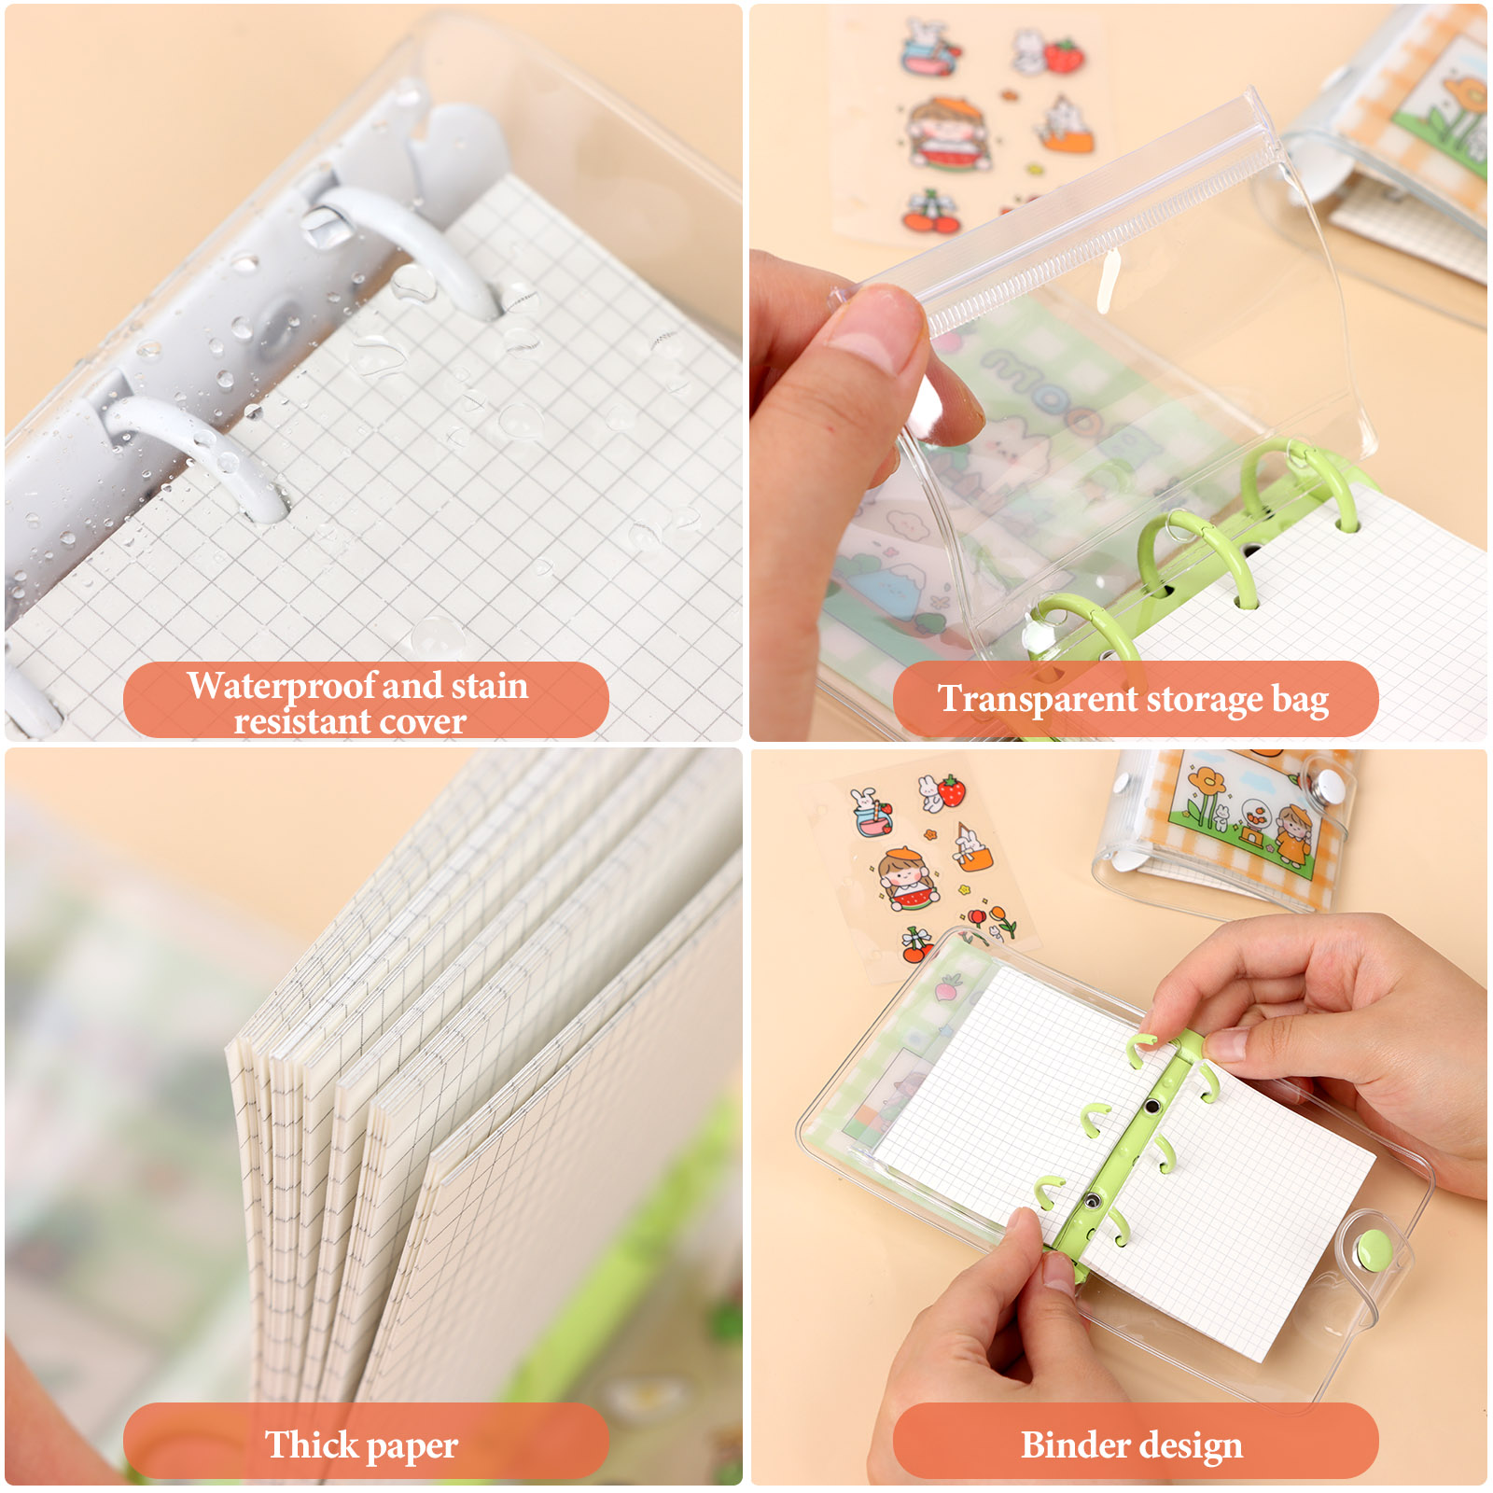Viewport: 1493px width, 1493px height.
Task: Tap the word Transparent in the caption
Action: [1038, 699]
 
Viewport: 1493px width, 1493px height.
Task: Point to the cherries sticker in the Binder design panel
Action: [915, 945]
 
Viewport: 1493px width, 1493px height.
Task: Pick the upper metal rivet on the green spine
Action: [1152, 1107]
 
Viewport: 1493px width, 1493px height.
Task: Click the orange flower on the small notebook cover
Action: [1206, 781]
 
